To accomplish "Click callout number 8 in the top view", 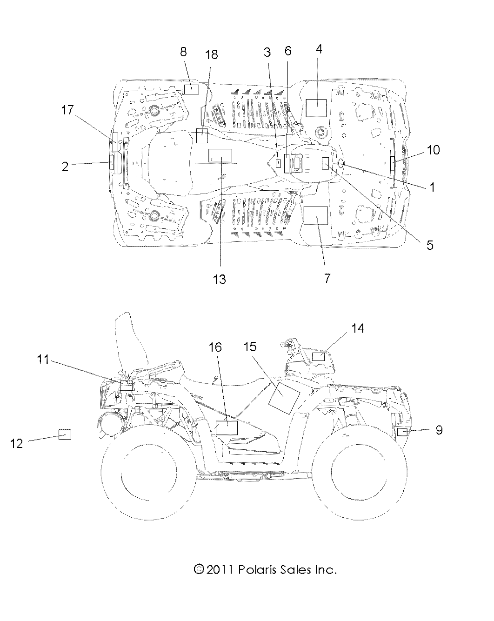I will click(183, 52).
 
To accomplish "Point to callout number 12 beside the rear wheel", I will click(16, 443).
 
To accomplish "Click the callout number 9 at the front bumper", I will click(439, 430).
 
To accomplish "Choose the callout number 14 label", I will click(357, 328).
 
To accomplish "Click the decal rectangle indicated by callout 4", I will click(316, 107).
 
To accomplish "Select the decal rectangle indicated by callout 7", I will click(316, 216).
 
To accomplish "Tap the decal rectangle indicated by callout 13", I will click(220, 155).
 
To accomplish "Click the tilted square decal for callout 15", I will click(285, 397).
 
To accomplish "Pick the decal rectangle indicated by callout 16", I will click(227, 427).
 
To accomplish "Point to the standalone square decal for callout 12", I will click(65, 434).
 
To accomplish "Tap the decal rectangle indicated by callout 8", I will click(191, 89).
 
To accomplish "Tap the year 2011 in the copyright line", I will click(221, 569).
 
